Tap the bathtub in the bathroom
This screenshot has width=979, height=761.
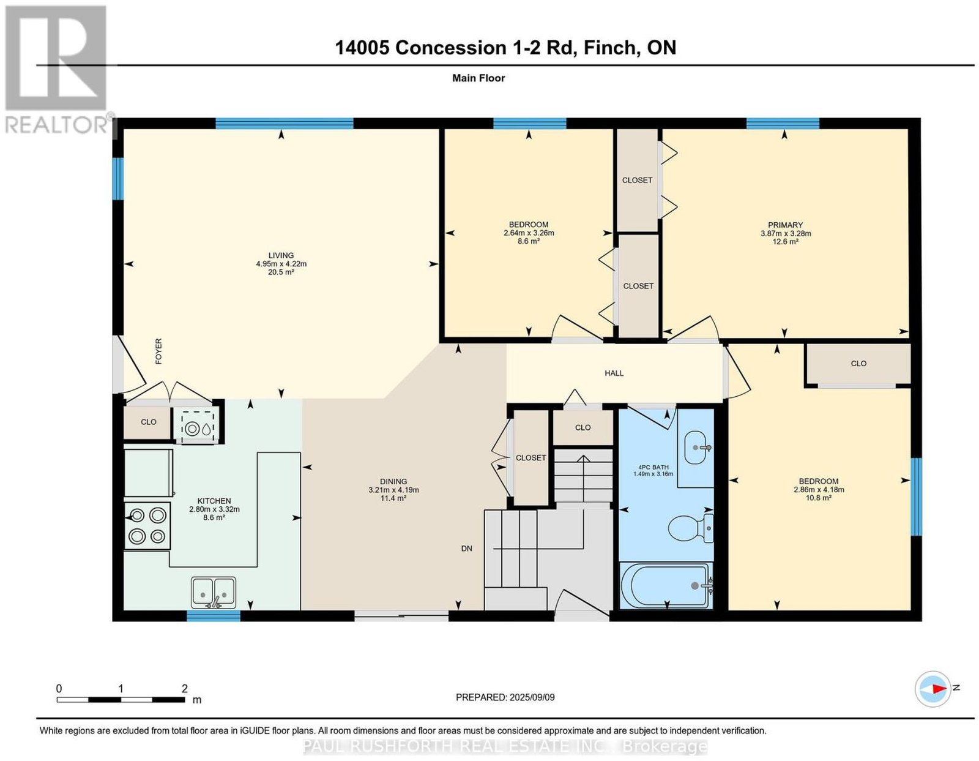click(x=666, y=585)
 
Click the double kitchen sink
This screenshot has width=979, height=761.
click(x=213, y=593)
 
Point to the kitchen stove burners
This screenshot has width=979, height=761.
click(x=147, y=525)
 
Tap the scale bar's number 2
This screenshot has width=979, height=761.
click(x=185, y=688)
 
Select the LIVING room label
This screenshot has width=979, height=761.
click(x=281, y=255)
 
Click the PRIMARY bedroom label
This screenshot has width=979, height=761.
click(x=785, y=225)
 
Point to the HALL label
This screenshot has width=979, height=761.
click(x=614, y=373)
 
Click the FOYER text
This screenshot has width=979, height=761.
click(x=158, y=351)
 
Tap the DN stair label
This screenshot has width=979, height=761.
click(x=467, y=549)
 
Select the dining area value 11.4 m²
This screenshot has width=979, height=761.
click(x=393, y=498)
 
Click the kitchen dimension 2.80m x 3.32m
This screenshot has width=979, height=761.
click(x=214, y=509)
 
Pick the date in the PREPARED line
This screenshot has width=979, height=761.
click(x=532, y=697)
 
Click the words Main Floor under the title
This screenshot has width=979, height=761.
click(x=478, y=78)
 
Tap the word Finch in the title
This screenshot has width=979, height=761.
click(x=611, y=47)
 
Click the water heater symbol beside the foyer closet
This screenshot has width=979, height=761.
click(x=199, y=429)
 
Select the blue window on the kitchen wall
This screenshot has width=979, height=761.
click(x=214, y=615)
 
